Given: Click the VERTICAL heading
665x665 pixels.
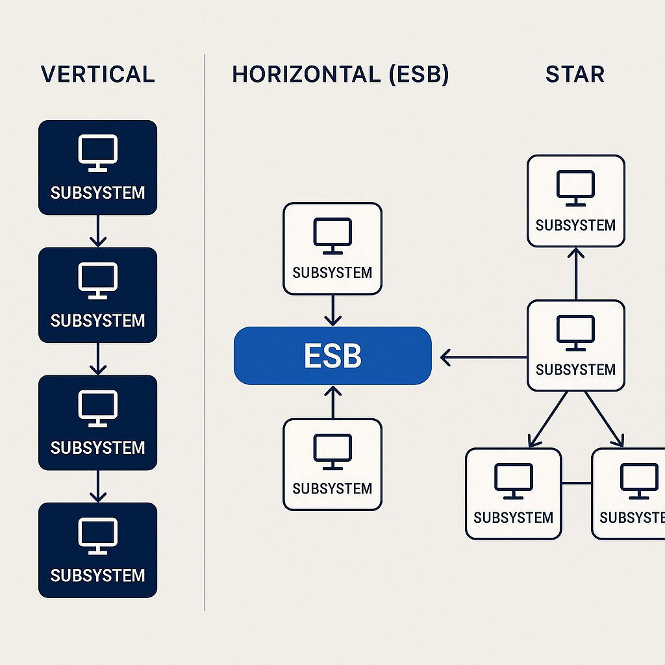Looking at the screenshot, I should [x=97, y=74].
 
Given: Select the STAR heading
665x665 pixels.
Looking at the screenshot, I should [x=575, y=74].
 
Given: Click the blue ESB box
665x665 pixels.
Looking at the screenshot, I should [x=332, y=356].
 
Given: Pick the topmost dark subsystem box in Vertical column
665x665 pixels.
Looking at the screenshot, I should [x=97, y=168].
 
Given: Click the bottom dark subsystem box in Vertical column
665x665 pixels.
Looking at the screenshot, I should [x=97, y=550].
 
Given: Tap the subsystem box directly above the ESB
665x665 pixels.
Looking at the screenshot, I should [x=332, y=249].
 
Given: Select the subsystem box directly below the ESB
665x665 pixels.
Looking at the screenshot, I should [x=332, y=464].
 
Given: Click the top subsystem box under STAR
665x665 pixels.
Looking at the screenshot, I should [x=575, y=201].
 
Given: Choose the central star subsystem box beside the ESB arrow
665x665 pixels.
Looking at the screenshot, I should [x=575, y=345].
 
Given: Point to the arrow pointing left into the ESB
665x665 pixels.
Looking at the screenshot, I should [x=483, y=357].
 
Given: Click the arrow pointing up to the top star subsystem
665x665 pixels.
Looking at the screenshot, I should [x=575, y=273].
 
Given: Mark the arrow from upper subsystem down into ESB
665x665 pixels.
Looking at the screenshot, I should [x=332, y=310].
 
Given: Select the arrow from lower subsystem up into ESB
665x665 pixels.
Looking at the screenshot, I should [x=332, y=402].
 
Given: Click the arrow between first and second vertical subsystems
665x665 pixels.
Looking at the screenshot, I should [x=97, y=231].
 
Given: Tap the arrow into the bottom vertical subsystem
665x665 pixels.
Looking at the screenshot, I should [x=97, y=486].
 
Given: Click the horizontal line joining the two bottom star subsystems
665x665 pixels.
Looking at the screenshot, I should [x=576, y=483].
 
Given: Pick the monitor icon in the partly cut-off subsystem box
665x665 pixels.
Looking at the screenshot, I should [x=638, y=481].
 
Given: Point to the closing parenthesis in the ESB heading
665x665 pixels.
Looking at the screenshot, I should [x=443, y=75].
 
